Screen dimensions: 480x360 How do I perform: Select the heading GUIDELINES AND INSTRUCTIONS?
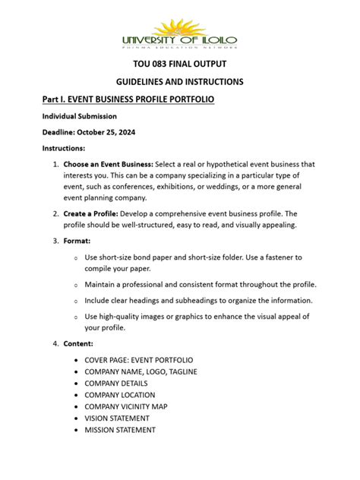(179, 82)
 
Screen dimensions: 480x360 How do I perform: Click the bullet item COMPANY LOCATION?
(123, 395)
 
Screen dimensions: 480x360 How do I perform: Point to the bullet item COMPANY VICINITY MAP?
(131, 406)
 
